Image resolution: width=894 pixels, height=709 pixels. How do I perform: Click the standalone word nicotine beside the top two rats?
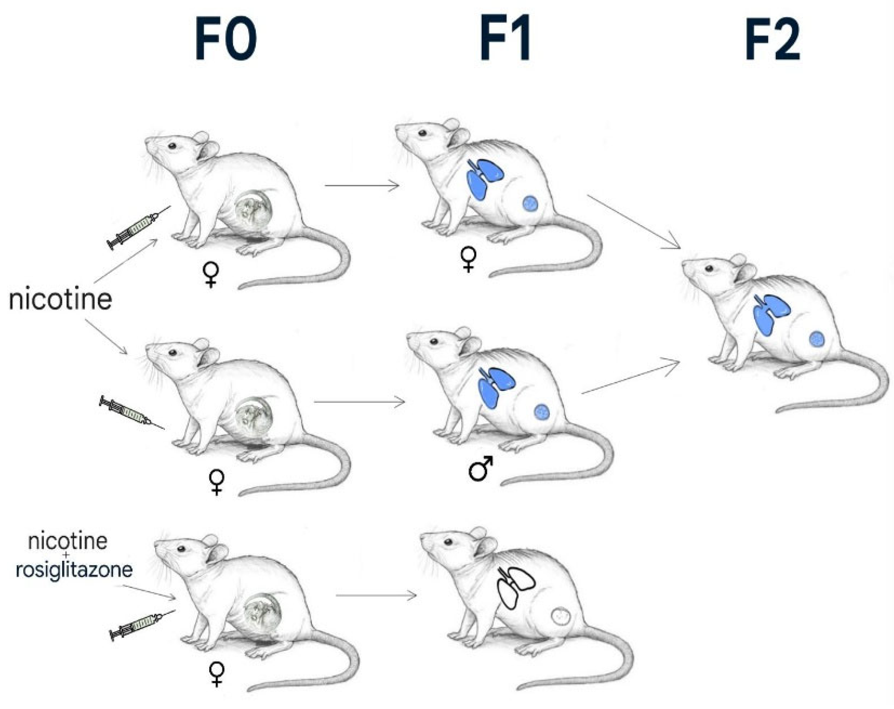point(61,300)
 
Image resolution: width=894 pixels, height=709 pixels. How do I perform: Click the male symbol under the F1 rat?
point(481,469)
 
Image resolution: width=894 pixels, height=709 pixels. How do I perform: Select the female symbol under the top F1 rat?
point(469,260)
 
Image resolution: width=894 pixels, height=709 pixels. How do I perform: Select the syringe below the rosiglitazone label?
point(141,625)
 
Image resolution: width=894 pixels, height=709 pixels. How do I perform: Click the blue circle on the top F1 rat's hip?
point(530,203)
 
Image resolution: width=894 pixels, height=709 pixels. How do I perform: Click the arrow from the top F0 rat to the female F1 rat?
point(362,186)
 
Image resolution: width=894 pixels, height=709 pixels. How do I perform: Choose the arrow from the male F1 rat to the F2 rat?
point(630,377)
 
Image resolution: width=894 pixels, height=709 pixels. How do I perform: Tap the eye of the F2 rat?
point(709,269)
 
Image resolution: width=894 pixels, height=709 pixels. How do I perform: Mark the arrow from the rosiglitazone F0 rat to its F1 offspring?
point(376,596)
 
